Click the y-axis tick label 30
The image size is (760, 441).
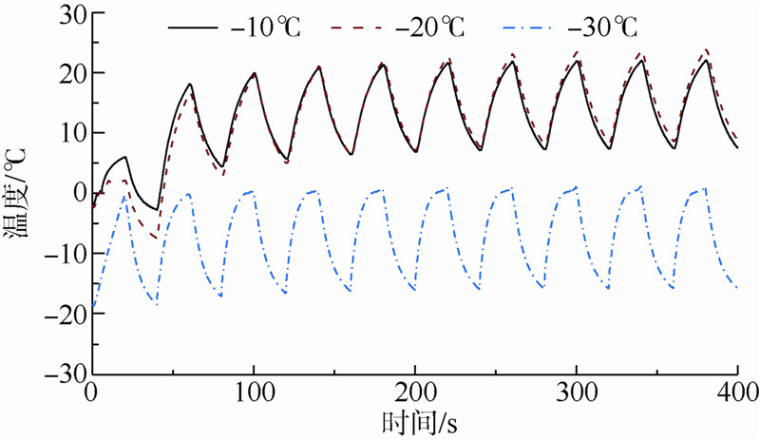pos(67,13)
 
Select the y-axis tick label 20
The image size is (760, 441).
pos(67,73)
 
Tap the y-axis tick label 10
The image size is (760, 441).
pos(67,133)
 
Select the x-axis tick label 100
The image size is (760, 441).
pos(253,392)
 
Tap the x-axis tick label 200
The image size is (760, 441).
pos(414,392)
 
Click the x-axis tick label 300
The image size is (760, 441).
pos(576,392)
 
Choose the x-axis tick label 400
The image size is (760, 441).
pos(736,392)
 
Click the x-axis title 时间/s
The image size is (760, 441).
pos(415,421)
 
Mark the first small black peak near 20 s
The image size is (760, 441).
pos(125,157)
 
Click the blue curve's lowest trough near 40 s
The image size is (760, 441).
pos(157,304)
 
